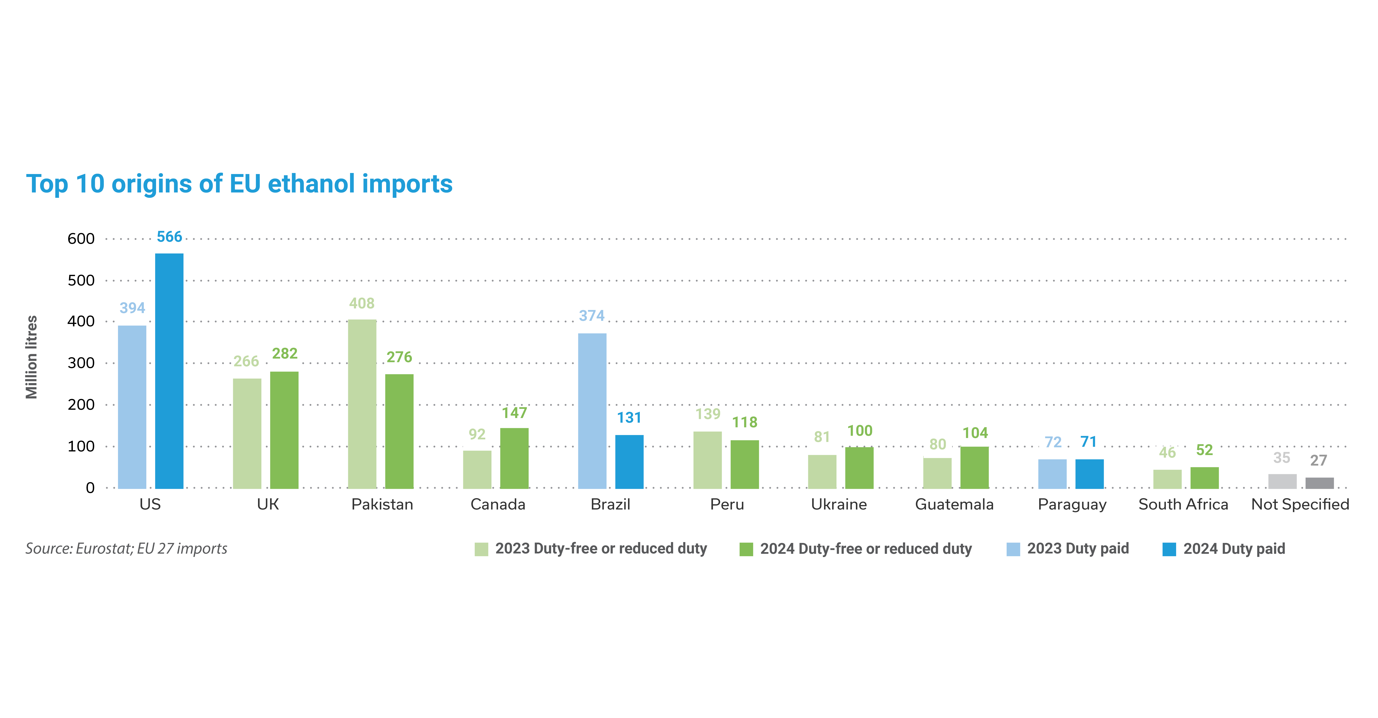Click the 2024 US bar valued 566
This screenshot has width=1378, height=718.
click(169, 371)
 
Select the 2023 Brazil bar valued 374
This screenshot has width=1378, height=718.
click(592, 411)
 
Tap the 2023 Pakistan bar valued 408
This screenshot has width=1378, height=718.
click(362, 404)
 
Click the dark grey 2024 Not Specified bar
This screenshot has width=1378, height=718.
click(1320, 483)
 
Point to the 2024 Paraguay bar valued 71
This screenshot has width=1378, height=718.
click(1090, 474)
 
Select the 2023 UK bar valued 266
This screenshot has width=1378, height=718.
click(247, 433)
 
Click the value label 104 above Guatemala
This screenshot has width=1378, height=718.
click(975, 433)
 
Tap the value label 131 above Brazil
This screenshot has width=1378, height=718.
click(629, 418)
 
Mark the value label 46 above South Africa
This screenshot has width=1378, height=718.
click(1167, 453)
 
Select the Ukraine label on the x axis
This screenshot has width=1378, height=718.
click(839, 505)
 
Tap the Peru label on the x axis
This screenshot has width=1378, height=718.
click(727, 505)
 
